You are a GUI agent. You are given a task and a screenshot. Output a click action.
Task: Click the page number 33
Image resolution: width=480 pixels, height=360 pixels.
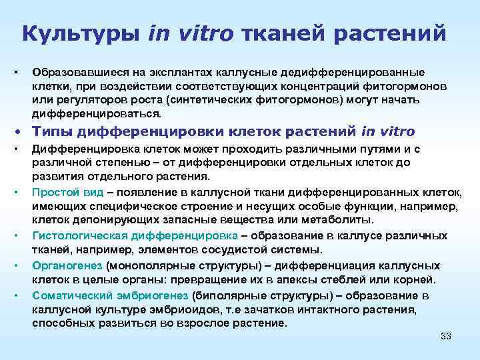coord(446,336)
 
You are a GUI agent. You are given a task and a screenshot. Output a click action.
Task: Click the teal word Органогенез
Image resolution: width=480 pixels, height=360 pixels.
coord(62,265)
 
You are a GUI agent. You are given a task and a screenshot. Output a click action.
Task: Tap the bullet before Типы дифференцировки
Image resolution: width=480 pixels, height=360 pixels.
coord(24,132)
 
